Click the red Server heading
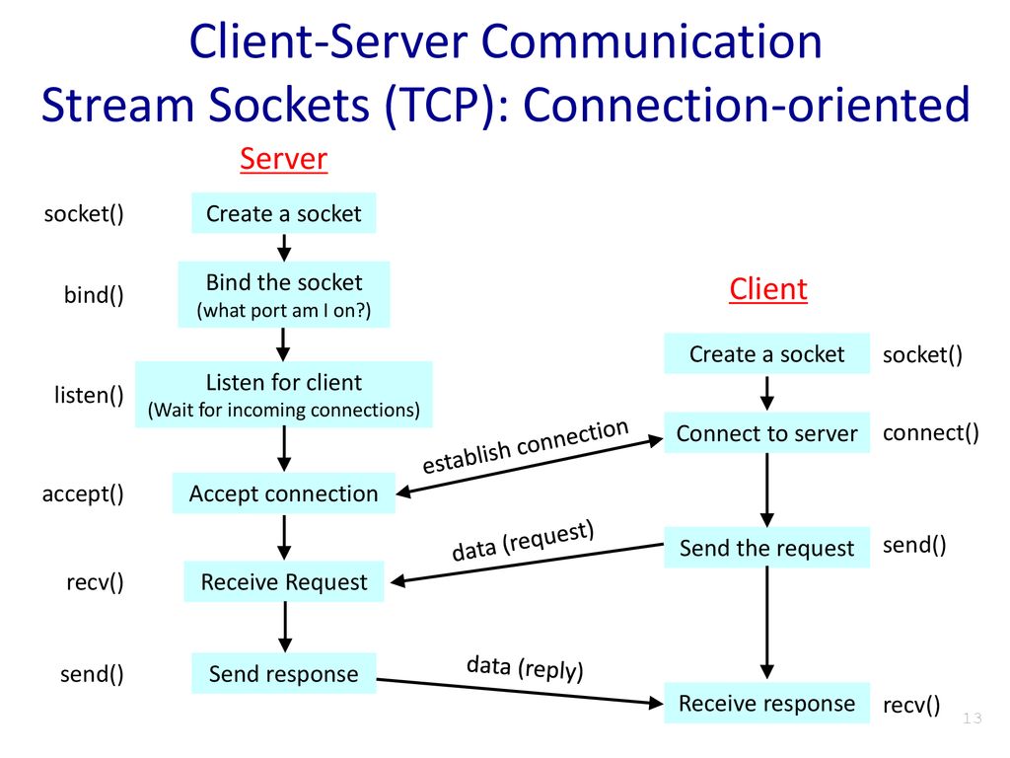(283, 159)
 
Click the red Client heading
(767, 289)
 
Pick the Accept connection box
(284, 493)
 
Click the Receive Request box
(284, 582)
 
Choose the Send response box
(284, 674)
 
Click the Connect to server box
(767, 433)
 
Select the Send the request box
(767, 548)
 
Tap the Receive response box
(767, 703)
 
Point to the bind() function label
(94, 295)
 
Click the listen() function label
(89, 396)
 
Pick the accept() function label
(83, 493)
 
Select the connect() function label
(931, 432)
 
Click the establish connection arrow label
(525, 446)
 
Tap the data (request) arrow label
(523, 542)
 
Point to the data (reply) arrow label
(525, 668)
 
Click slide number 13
(973, 719)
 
